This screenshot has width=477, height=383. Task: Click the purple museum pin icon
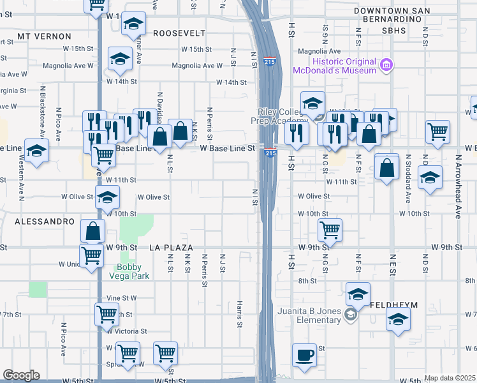(386, 64)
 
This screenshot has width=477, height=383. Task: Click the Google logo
(21, 375)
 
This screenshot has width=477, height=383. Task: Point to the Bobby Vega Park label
(133, 271)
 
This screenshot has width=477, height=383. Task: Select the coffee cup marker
(304, 355)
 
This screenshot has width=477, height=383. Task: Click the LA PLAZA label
(170, 246)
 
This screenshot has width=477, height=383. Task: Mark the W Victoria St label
(127, 331)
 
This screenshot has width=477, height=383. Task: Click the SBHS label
(394, 30)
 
